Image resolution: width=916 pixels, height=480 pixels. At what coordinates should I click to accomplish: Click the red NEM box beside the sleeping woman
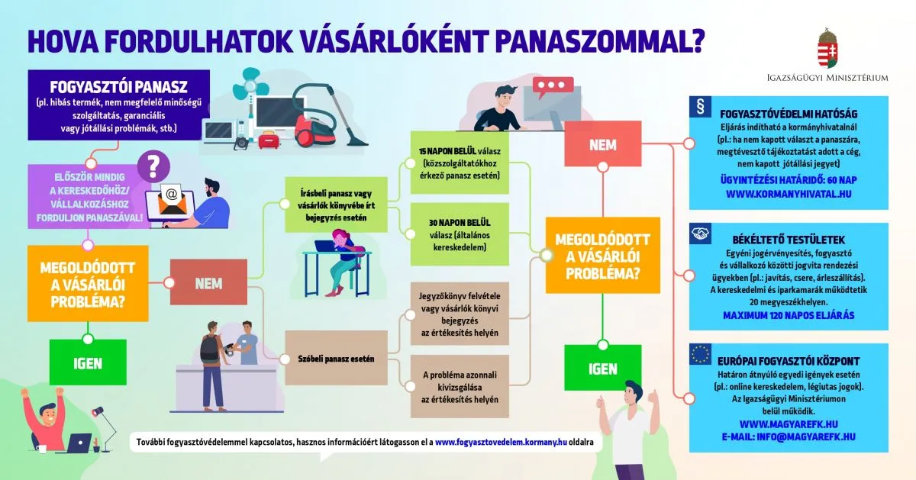tap(208, 283)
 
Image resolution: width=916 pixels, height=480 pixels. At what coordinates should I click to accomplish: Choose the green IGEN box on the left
tap(88, 363)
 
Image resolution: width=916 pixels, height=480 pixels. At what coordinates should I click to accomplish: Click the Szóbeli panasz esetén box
tap(337, 359)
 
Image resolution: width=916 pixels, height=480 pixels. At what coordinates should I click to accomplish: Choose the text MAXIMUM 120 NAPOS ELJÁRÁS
tap(789, 315)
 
